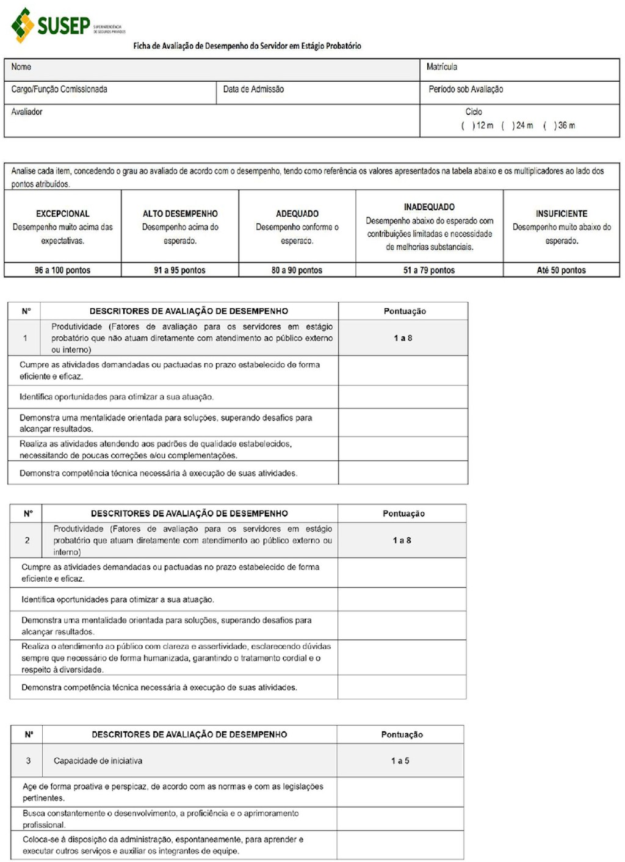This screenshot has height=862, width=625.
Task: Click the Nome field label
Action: pyautogui.click(x=21, y=67)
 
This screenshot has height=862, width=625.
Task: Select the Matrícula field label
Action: pyautogui.click(x=442, y=67)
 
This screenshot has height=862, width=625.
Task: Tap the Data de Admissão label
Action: pyautogui.click(x=253, y=90)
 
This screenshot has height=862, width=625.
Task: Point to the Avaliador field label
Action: pyautogui.click(x=27, y=112)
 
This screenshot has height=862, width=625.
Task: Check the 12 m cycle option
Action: pyautogui.click(x=468, y=126)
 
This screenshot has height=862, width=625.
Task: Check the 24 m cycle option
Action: pyautogui.click(x=507, y=126)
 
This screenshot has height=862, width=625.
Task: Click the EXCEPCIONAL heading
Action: pyautogui.click(x=62, y=214)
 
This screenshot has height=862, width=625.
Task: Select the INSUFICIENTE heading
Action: pyautogui.click(x=562, y=214)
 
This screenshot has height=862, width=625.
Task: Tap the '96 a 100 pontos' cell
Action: pyautogui.click(x=62, y=270)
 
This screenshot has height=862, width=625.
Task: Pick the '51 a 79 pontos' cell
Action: pyautogui.click(x=429, y=270)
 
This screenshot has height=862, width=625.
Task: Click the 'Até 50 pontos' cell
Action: pyautogui.click(x=562, y=270)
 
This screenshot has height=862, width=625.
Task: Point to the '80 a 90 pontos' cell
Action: pyautogui.click(x=297, y=270)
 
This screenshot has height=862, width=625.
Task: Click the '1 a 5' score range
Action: pyautogui.click(x=400, y=761)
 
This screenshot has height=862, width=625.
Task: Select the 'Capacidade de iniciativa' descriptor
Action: pyautogui.click(x=98, y=761)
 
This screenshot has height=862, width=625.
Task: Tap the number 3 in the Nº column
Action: pyautogui.click(x=28, y=761)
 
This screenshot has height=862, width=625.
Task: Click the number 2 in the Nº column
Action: pyautogui.click(x=27, y=540)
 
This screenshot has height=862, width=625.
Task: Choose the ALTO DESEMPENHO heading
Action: pyautogui.click(x=180, y=214)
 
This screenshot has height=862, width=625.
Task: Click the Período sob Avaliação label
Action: pyautogui.click(x=466, y=90)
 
